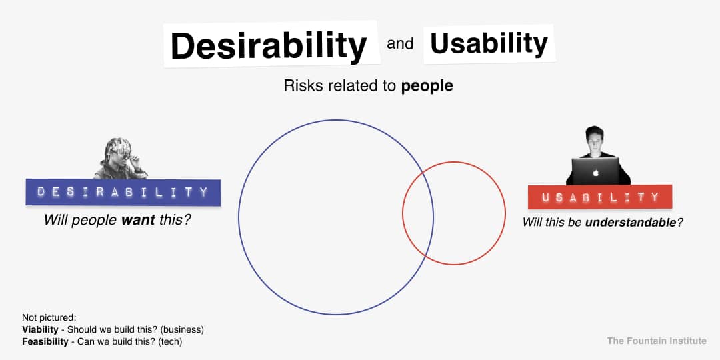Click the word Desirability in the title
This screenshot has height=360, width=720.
point(269,45)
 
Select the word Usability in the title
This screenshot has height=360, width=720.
point(489,43)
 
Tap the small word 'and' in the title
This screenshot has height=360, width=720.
point(400,44)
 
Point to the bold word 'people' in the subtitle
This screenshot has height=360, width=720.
point(427,86)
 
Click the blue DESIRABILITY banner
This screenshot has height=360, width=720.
point(123,193)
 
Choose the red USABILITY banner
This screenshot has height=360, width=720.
point(600,197)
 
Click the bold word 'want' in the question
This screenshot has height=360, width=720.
point(138,220)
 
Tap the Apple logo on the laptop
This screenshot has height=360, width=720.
point(596,173)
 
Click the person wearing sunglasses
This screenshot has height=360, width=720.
point(120,159)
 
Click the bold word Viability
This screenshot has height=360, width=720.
point(41,330)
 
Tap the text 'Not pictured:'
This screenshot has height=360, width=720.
point(49,318)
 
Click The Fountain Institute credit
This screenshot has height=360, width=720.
point(657,341)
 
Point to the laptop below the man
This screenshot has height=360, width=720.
point(596,171)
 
